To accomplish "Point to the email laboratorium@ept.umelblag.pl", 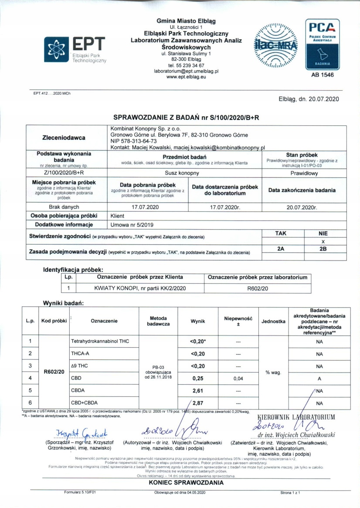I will [x=186, y=71].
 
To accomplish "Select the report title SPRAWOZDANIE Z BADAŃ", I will [x=160, y=117].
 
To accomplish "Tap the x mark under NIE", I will [x=323, y=241].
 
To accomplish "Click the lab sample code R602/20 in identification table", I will [x=258, y=288].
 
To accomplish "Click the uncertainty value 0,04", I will [x=238, y=378].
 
